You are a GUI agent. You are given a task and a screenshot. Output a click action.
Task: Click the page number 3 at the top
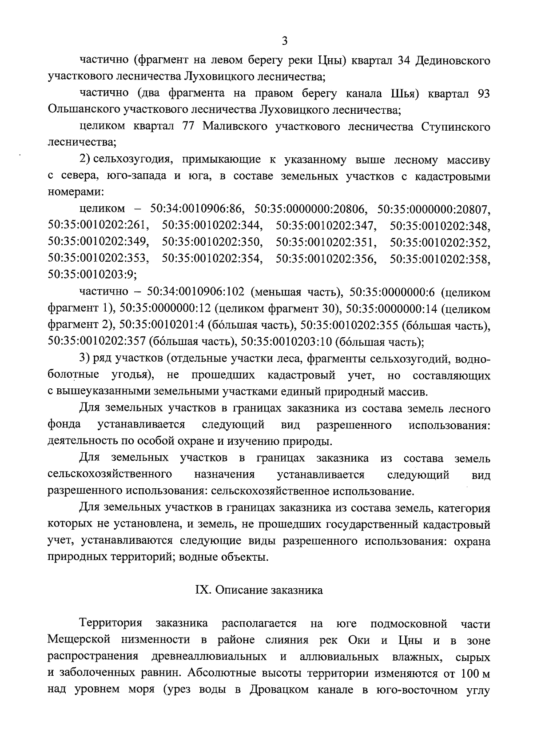pyautogui.click(x=285, y=41)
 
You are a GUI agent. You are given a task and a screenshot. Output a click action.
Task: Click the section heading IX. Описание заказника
pyautogui.click(x=259, y=590)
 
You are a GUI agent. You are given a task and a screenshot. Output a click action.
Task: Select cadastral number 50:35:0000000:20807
pyautogui.click(x=434, y=209)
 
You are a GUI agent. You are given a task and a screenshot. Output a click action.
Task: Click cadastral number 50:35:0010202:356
pyautogui.click(x=326, y=258)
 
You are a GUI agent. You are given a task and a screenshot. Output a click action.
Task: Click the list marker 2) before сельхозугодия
pyautogui.click(x=85, y=160)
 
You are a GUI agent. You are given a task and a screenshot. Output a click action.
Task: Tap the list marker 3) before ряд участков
pyautogui.click(x=85, y=359)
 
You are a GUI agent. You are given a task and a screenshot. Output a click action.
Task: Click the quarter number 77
pyautogui.click(x=189, y=127)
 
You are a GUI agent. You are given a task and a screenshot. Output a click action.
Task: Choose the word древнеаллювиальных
pyautogui.click(x=209, y=657)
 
